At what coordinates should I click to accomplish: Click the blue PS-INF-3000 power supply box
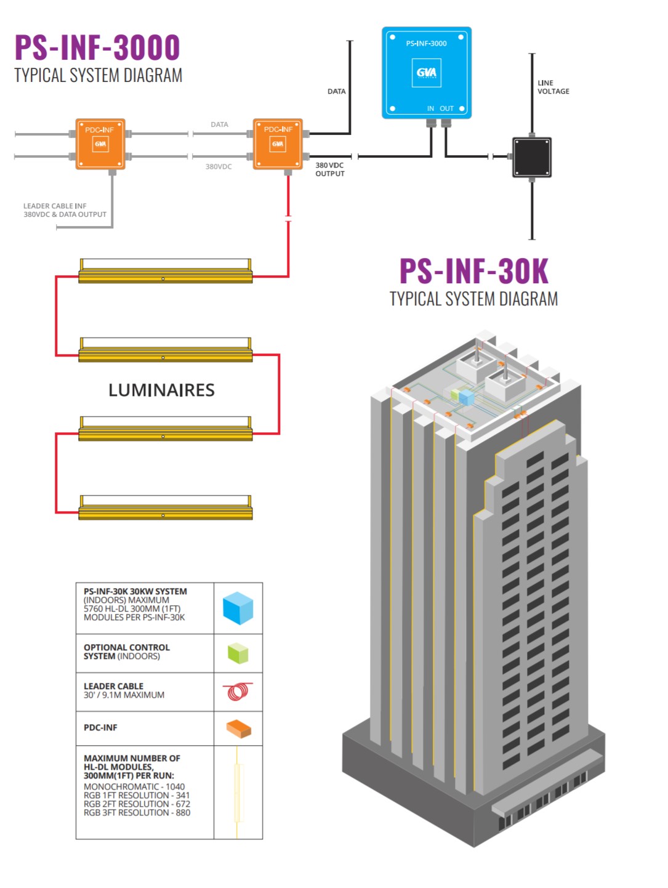[426, 73]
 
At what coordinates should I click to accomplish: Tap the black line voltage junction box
[531, 158]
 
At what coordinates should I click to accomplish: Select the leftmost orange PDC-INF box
[100, 144]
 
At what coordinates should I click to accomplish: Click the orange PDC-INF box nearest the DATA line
[278, 144]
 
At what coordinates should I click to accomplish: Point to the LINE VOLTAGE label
[553, 87]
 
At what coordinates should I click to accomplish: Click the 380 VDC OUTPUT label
[330, 169]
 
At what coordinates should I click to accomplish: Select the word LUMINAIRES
[161, 390]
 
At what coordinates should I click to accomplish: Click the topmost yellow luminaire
[165, 272]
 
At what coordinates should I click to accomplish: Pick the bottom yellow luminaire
[165, 507]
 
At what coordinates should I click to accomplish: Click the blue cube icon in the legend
[238, 608]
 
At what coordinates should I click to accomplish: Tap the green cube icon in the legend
[238, 653]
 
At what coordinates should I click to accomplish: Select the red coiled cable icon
[238, 692]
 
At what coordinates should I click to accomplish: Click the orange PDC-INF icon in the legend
[238, 729]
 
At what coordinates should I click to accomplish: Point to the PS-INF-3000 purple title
[97, 47]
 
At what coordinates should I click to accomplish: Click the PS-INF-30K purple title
[473, 271]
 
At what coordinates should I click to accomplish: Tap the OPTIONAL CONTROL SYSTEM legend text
[126, 652]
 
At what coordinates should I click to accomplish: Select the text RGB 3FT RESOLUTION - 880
[137, 813]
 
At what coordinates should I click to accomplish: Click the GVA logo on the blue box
[426, 73]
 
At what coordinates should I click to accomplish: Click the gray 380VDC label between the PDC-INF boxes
[219, 167]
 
